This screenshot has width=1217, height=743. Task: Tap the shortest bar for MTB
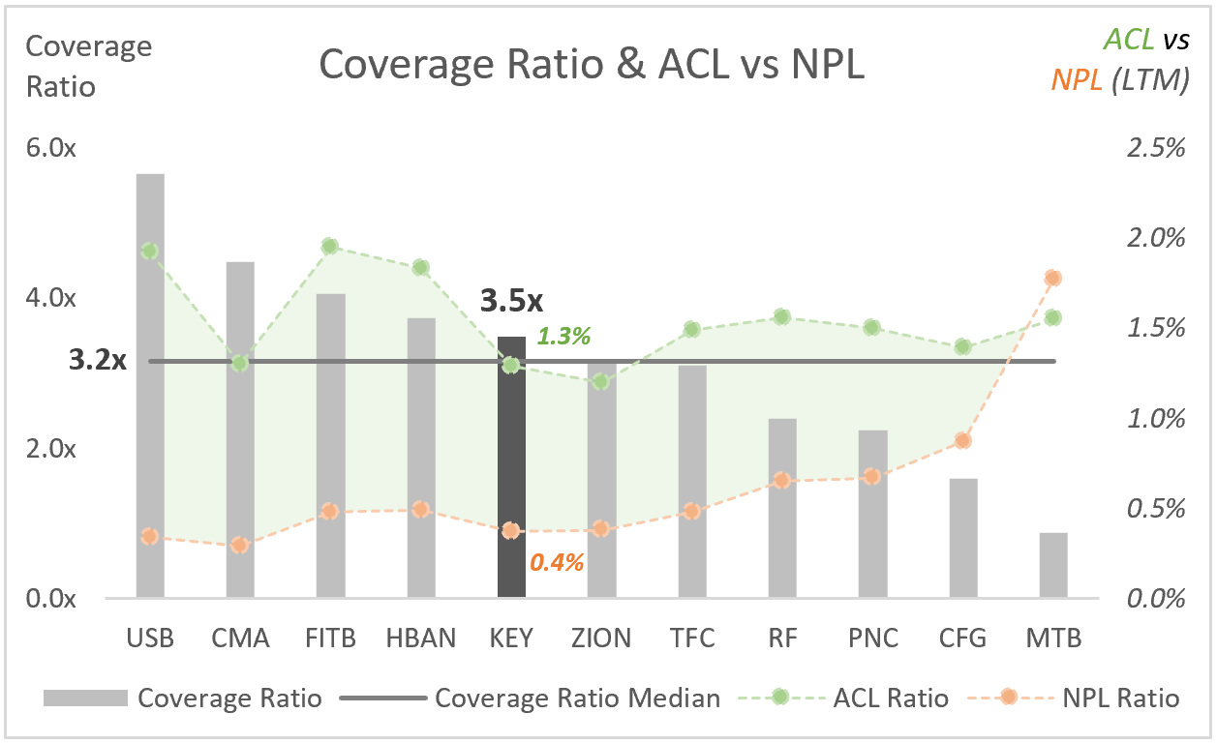coord(1053,565)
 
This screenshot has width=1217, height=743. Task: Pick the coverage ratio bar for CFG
coord(963,537)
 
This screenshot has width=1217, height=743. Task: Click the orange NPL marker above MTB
coord(1053,278)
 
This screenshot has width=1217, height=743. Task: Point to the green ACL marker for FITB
coord(330,247)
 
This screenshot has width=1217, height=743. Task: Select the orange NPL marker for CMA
coord(240,545)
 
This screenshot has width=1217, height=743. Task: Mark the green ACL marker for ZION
coord(601,381)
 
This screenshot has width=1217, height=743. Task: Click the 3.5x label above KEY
coord(511,301)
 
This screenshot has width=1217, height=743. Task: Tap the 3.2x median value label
coord(98,361)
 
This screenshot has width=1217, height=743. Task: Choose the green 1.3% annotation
coord(563,337)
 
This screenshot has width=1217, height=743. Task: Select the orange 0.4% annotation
coord(557,561)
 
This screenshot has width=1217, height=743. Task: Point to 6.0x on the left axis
coord(51,148)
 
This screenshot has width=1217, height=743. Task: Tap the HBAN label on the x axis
coord(420,639)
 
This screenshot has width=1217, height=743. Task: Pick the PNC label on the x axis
coord(872,639)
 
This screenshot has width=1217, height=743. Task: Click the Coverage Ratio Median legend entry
coord(577,698)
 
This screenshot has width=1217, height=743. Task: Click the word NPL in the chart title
coord(822,65)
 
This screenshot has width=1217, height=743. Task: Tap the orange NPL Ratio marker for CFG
coord(963,440)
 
